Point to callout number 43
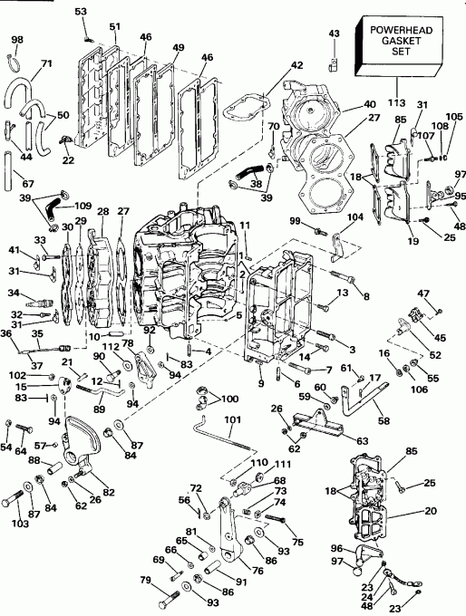point(333,34)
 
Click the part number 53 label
point(81,10)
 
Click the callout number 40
point(345,104)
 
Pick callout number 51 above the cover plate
point(114,27)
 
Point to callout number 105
point(453,117)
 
